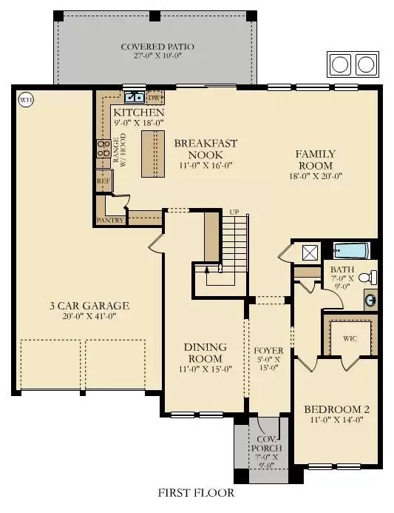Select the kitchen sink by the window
coord(135,96)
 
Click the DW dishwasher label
coord(154,97)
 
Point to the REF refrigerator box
coord(103,180)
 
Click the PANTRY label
coord(111,220)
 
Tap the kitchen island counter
coord(154,153)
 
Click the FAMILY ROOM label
coord(314,159)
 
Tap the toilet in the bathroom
coord(371,278)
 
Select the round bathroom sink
coord(370,301)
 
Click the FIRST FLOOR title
coord(196,492)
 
